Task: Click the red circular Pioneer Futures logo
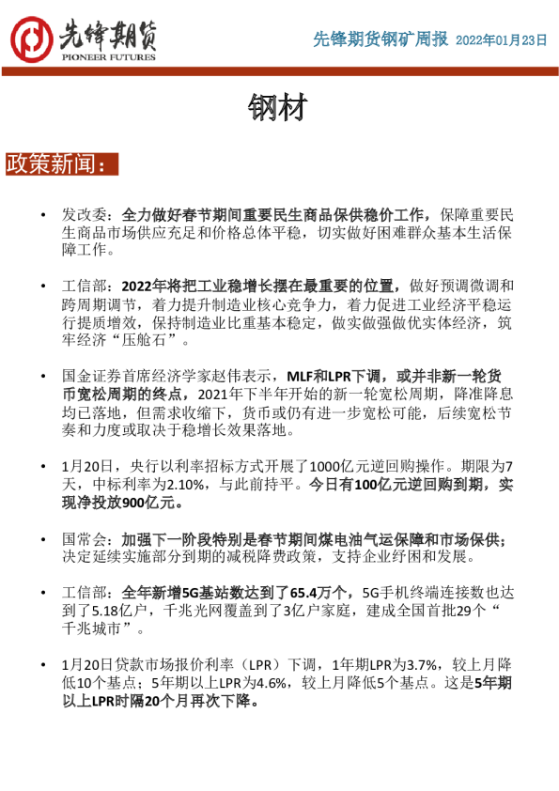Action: [31, 39]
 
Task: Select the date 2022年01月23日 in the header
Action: [501, 40]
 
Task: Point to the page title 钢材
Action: [278, 107]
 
